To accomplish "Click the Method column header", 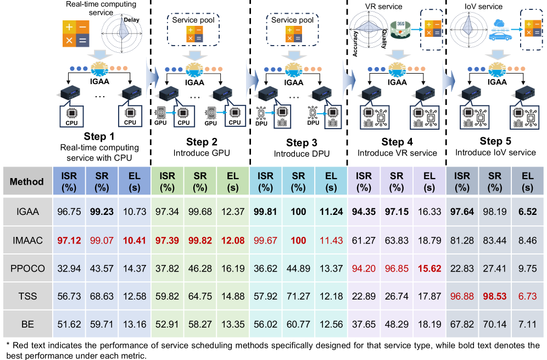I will pos(27,182).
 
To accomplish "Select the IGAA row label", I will pos(27,212).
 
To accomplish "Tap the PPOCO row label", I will pos(27,268).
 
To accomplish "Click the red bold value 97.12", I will pos(69,240).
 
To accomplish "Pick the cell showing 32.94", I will pos(69,268).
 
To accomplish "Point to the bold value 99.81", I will pos(265,212).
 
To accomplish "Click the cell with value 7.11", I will pos(527,324).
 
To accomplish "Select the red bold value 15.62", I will pos(429,268).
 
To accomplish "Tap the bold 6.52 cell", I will pos(527,212).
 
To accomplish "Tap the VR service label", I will pos(384,7).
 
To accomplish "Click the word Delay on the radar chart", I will pos(131,20).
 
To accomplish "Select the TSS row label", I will pos(27,296).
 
